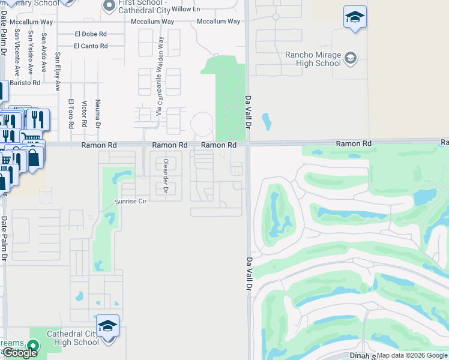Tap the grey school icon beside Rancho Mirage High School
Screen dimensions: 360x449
351,58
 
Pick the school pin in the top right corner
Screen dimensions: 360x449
355,17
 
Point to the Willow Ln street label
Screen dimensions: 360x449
185,9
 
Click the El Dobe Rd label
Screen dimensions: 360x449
91,34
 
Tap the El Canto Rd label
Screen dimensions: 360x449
91,46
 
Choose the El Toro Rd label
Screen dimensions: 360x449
70,114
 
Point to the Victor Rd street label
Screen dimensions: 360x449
85,114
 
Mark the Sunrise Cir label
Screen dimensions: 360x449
131,202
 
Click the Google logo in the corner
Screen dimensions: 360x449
20,353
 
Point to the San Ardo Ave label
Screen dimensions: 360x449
44,44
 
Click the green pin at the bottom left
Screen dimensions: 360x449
32,346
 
